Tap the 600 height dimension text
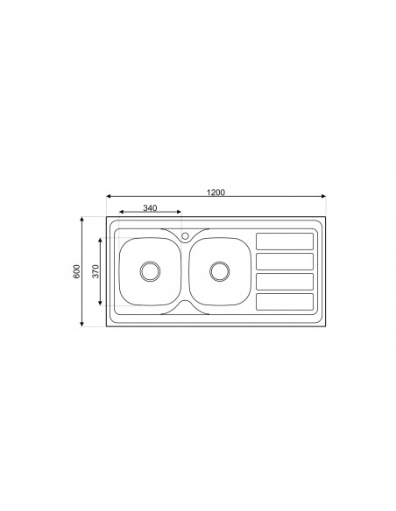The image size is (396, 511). point(77,271)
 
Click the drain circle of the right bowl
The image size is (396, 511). point(217,271)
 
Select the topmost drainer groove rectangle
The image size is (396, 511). point(284,241)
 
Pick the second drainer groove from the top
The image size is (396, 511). point(284,261)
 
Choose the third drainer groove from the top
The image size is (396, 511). point(284,281)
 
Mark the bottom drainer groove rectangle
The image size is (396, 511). point(284,301)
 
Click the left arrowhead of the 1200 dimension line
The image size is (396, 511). point(110,198)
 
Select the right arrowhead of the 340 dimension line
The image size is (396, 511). point(180,213)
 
